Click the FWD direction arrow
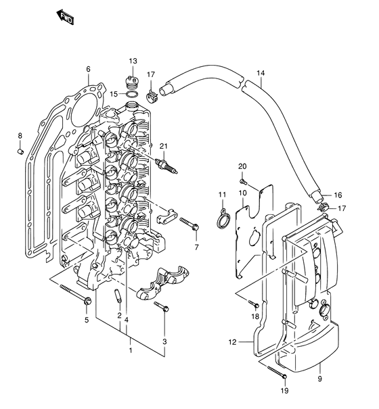(65, 17)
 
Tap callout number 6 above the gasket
(88, 69)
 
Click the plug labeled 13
(132, 82)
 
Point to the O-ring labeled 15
(132, 95)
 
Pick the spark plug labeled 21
(166, 166)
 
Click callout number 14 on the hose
(261, 73)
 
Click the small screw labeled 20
(242, 181)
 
